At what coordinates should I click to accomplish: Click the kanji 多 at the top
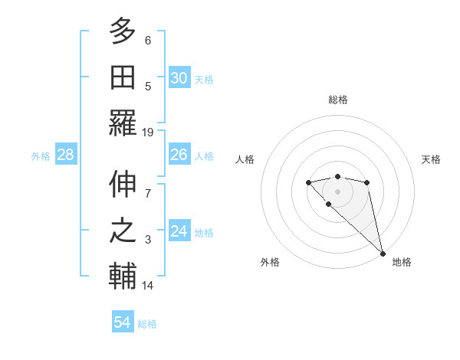click(123, 31)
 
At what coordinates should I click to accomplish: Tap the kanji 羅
click(123, 123)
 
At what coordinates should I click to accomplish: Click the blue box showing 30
click(179, 77)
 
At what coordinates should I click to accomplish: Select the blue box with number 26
click(179, 155)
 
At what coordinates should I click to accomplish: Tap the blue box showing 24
click(179, 231)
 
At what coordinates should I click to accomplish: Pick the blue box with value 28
click(66, 155)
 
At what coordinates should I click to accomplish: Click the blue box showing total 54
click(123, 322)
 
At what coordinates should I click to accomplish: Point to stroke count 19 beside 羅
click(148, 132)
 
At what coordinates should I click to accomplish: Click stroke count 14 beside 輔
click(148, 286)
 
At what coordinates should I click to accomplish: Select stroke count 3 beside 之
click(148, 240)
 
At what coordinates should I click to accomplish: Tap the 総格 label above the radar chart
click(338, 100)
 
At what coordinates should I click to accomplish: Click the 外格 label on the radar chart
click(270, 262)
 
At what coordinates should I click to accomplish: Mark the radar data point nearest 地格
click(383, 254)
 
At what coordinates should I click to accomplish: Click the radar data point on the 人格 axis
click(308, 182)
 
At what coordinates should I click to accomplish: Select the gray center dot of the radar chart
click(338, 191)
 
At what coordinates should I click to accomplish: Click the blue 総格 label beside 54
click(147, 324)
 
